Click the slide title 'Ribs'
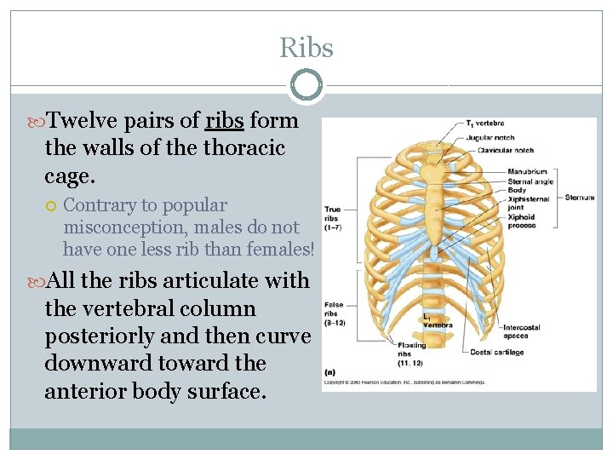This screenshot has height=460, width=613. point(306,49)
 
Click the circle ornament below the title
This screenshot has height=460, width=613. point(306,85)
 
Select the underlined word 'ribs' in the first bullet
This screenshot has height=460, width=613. point(225,121)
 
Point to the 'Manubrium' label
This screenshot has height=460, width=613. point(527,171)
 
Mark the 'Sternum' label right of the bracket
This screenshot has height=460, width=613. point(579,198)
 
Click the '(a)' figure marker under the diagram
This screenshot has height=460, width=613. point(329,372)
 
